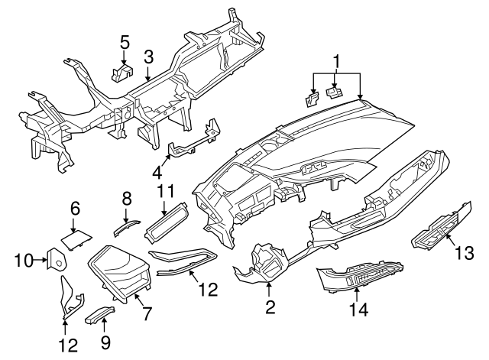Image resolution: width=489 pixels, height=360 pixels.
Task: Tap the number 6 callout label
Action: click(x=75, y=208)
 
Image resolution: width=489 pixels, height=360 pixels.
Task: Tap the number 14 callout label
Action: click(x=358, y=310)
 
